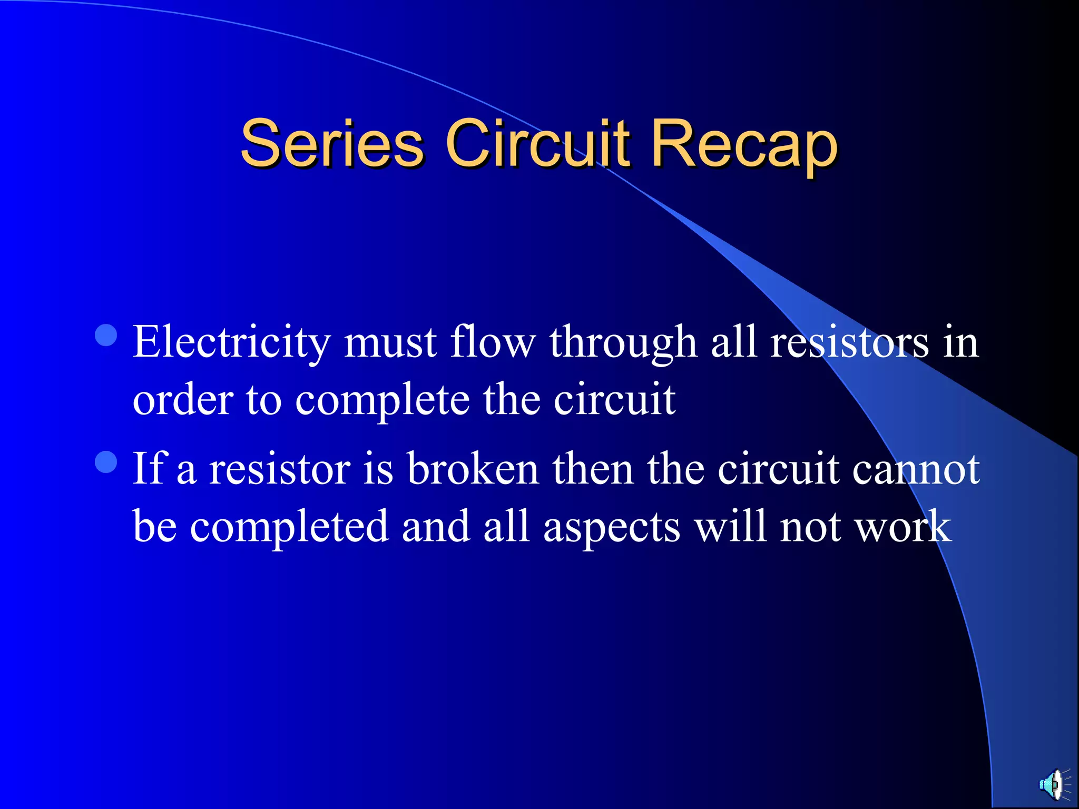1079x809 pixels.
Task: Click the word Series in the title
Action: (x=332, y=144)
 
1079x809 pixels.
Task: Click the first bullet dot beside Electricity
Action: (x=106, y=335)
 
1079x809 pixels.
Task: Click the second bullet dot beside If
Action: (x=106, y=462)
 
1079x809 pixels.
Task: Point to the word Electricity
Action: (x=231, y=342)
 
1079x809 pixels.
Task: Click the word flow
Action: (x=493, y=342)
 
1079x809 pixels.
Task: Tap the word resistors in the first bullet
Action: (x=849, y=342)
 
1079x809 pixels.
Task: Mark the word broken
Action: (x=473, y=469)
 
